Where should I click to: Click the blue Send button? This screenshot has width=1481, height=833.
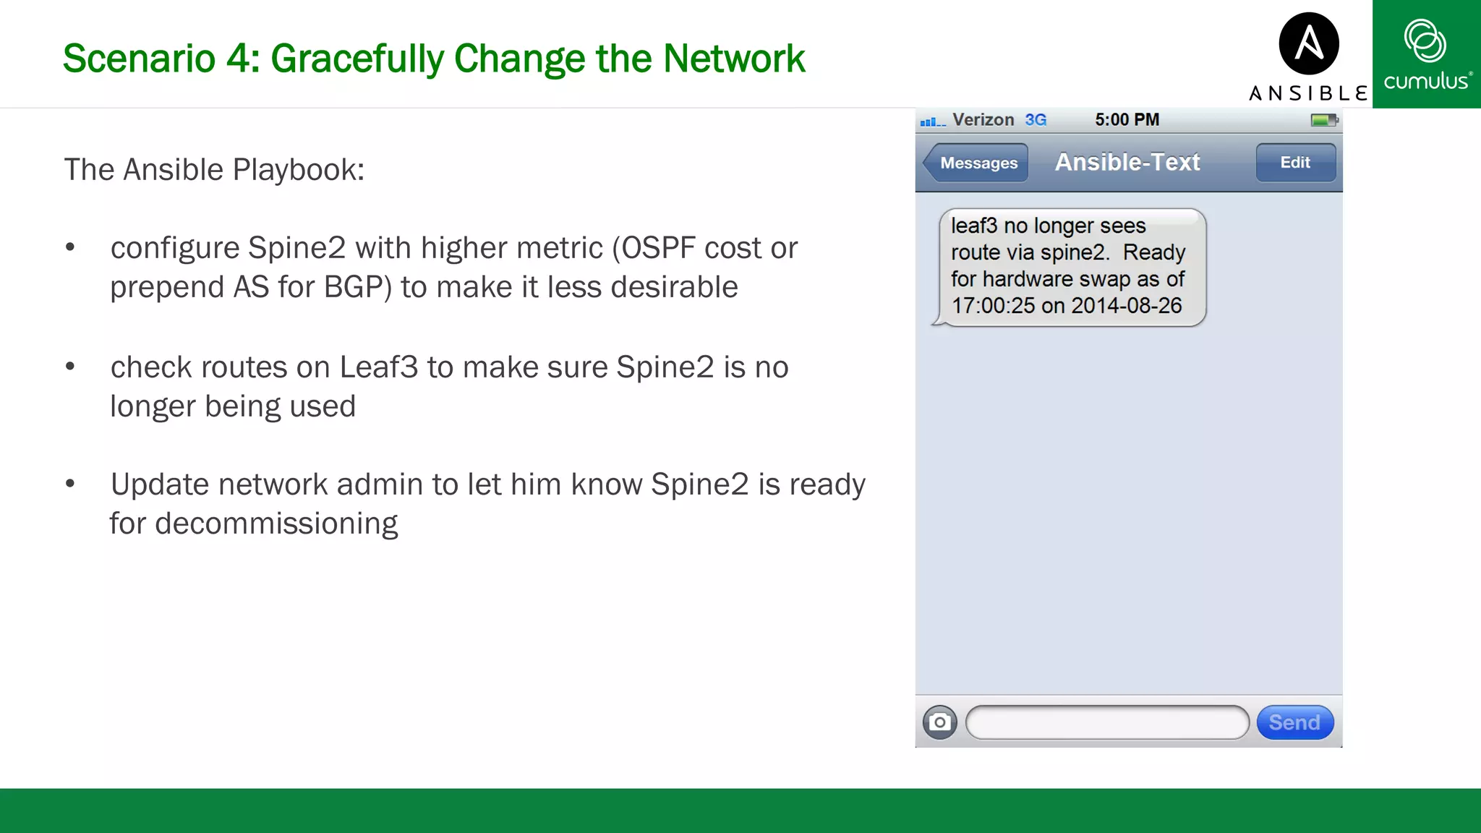[1294, 722]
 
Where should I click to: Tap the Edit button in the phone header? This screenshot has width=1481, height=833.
[1295, 163]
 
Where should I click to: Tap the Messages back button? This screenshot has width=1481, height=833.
[977, 163]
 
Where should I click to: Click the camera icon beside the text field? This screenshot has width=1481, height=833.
[939, 722]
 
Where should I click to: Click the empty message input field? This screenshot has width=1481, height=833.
[1106, 722]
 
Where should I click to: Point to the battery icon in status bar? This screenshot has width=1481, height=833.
[1323, 120]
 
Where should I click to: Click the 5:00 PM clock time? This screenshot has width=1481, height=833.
[1127, 120]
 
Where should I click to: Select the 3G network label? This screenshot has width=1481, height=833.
[1036, 120]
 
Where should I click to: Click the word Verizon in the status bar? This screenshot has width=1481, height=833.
[983, 120]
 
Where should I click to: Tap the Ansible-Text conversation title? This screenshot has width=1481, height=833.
[1127, 162]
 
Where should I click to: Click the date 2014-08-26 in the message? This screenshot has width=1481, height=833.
[1126, 306]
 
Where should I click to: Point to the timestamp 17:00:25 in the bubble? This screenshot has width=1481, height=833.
[993, 306]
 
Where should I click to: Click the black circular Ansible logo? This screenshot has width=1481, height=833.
[1308, 43]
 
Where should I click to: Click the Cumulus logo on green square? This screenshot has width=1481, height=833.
[1426, 54]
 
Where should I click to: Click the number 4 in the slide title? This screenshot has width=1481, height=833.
[238, 59]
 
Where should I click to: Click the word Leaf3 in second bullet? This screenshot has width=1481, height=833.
[378, 367]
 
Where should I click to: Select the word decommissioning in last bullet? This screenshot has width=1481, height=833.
[276, 524]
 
